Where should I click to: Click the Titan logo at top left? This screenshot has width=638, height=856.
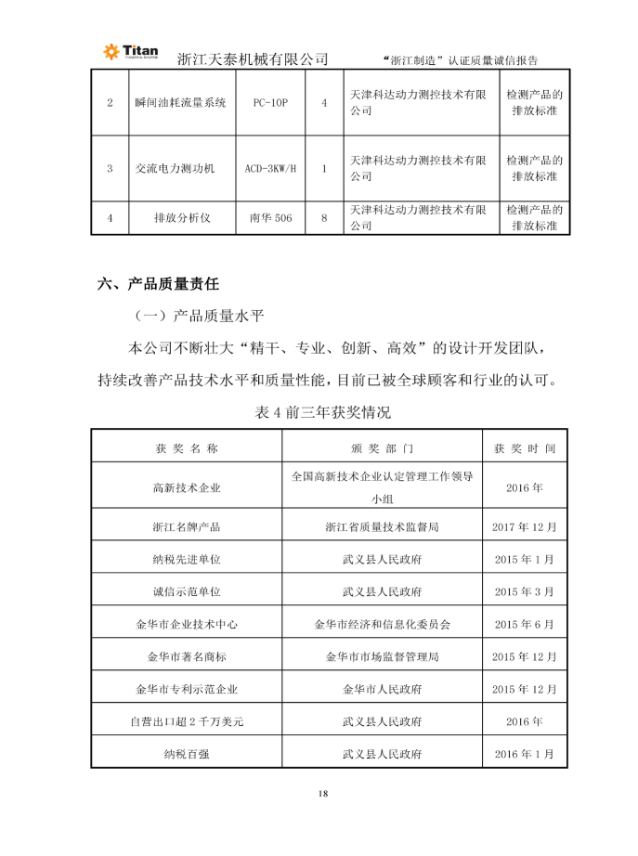(130, 53)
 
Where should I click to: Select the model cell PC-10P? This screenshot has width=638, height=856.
(270, 102)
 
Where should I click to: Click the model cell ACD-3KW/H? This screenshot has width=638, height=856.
(270, 168)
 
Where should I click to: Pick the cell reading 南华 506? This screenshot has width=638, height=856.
(270, 217)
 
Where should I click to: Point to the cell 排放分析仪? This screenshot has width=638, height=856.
(182, 217)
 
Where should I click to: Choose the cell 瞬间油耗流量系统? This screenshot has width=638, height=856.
(180, 102)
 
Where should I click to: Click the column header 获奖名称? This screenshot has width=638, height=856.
(187, 447)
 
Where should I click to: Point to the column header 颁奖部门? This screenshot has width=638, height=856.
(383, 447)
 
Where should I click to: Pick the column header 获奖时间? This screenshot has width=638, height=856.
(525, 447)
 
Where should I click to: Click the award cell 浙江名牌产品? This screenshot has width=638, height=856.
(187, 526)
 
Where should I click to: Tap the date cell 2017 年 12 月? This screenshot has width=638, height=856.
(525, 526)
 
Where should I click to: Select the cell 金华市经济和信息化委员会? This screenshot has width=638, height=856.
(383, 624)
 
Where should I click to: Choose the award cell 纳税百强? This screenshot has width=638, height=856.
(187, 754)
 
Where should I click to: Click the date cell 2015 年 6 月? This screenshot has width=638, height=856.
(525, 624)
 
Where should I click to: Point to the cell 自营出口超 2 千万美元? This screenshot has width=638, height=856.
(187, 721)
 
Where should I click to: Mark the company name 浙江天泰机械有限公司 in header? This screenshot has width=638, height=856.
(253, 58)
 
